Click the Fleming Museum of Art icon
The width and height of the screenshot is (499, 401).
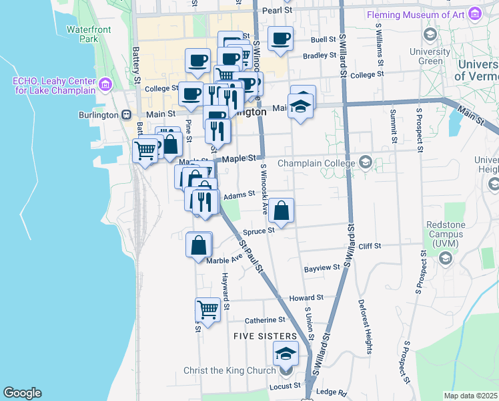475,13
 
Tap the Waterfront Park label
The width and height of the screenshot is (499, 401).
83,33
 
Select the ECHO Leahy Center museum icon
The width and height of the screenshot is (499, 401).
105,84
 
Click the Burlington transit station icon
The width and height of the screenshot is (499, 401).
125,114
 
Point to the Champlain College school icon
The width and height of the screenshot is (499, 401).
365,162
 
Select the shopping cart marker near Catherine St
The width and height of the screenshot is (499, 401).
207,309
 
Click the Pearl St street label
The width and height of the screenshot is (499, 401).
277,11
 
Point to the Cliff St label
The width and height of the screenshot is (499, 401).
369,246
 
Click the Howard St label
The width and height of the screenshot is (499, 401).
310,297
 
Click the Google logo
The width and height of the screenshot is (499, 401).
22,393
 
